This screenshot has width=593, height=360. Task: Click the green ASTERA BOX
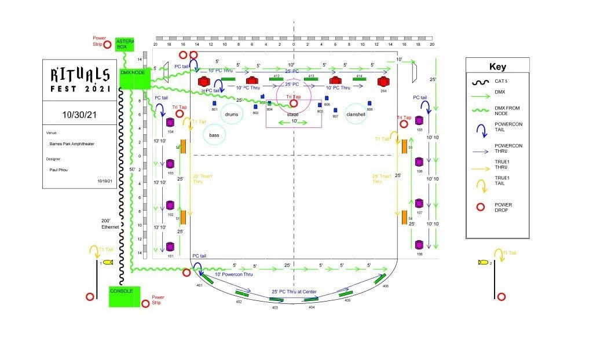point(125,45)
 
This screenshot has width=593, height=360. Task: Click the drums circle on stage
point(232,115)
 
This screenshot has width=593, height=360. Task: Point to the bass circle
point(214,135)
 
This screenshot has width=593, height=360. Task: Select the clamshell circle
point(356,114)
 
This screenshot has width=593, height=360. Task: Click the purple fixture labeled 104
point(170,123)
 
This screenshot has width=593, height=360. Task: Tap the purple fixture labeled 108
point(419,245)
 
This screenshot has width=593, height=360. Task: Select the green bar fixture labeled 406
point(380,280)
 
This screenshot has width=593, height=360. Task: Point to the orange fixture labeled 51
point(183,218)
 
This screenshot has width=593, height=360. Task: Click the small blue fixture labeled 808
point(369,104)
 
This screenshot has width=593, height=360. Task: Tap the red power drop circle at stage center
point(294,104)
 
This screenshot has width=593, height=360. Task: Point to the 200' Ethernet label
point(110,224)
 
